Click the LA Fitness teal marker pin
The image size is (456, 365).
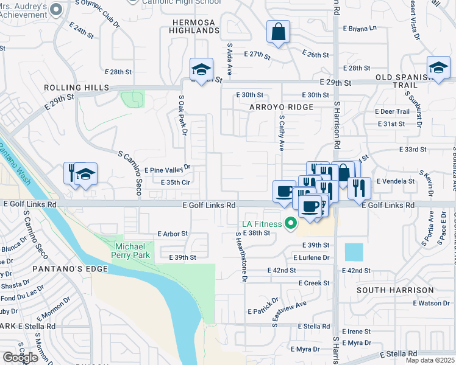pos(291,224)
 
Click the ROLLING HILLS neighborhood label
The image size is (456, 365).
pos(76,88)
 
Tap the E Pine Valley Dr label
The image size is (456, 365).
pos(167,168)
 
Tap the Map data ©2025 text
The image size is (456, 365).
pos(430,360)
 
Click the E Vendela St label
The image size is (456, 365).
pos(395,181)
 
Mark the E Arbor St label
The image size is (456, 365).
pos(173,234)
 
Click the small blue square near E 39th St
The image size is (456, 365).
pos(353,252)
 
